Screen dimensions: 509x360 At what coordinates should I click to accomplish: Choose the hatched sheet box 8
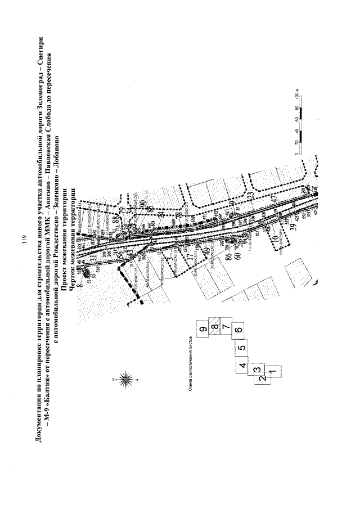coord(214,326)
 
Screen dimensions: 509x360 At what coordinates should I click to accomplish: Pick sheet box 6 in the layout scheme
coord(238,330)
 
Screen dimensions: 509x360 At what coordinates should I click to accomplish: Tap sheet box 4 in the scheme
coord(242,366)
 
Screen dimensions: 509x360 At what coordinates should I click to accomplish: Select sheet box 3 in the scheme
coord(256,370)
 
